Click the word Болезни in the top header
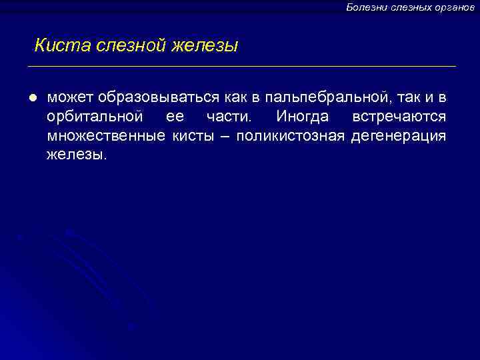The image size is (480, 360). coord(364,7)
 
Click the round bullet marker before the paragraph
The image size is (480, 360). coord(31,98)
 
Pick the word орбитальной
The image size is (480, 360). coord(95,117)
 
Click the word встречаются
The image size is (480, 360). coord(399,117)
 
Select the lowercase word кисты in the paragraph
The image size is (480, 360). coord(195,137)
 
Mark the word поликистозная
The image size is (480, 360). coord(290,137)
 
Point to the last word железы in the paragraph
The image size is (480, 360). coord(76,155)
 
